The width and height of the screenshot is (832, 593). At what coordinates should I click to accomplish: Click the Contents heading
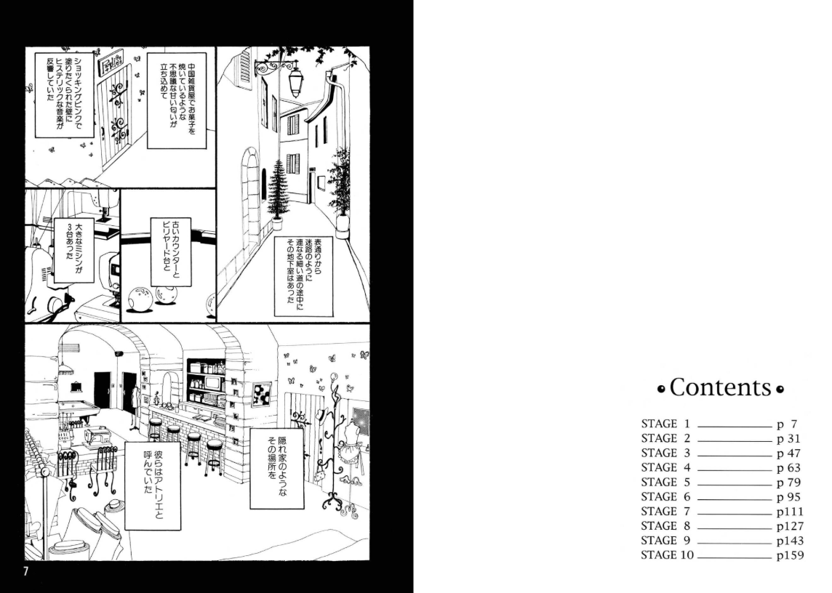click(x=721, y=387)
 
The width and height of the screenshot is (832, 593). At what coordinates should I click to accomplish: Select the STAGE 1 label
click(x=665, y=424)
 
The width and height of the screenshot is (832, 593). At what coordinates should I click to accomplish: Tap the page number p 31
click(x=788, y=439)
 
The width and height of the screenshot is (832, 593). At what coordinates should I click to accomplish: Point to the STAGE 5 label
click(x=665, y=482)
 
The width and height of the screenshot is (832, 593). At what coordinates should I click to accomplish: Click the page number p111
click(x=790, y=512)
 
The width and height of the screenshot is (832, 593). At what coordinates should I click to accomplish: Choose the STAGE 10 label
click(x=667, y=555)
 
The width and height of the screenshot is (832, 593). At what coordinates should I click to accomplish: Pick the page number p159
click(x=790, y=556)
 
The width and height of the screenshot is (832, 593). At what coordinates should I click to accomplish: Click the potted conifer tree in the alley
click(x=278, y=193)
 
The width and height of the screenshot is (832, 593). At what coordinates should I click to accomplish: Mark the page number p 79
click(x=788, y=483)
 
